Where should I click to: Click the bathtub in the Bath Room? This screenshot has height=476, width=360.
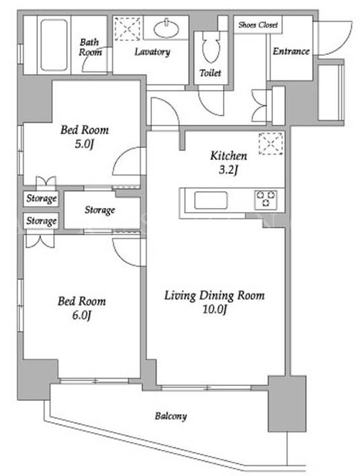pyautogui.click(x=54, y=45)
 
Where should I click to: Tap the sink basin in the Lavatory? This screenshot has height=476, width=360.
pyautogui.click(x=167, y=29)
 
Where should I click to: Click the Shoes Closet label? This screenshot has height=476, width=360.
pyautogui.click(x=258, y=25)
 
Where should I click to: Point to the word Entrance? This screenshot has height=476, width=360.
pyautogui.click(x=291, y=51)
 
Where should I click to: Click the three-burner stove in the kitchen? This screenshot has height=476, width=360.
pyautogui.click(x=266, y=199)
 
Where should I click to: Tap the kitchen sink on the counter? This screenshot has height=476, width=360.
pyautogui.click(x=210, y=200)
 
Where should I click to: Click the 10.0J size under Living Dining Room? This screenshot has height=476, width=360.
pyautogui.click(x=215, y=309)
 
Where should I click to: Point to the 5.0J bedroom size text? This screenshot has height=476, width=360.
pyautogui.click(x=84, y=144)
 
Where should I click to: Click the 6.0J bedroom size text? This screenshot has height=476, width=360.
pyautogui.click(x=81, y=315)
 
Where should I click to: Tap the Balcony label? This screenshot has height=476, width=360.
pyautogui.click(x=171, y=416)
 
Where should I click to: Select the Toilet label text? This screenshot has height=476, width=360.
pyautogui.click(x=210, y=73)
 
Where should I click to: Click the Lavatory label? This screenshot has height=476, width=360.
pyautogui.click(x=152, y=52)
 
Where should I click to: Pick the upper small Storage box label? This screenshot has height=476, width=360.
pyautogui.click(x=42, y=199)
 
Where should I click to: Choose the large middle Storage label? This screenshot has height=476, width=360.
pyautogui.click(x=100, y=210)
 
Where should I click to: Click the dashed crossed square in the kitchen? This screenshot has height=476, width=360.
pyautogui.click(x=271, y=144)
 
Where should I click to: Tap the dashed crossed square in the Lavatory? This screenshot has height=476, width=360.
pyautogui.click(x=127, y=29)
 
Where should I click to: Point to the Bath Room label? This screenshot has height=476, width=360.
pyautogui.click(x=90, y=47)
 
